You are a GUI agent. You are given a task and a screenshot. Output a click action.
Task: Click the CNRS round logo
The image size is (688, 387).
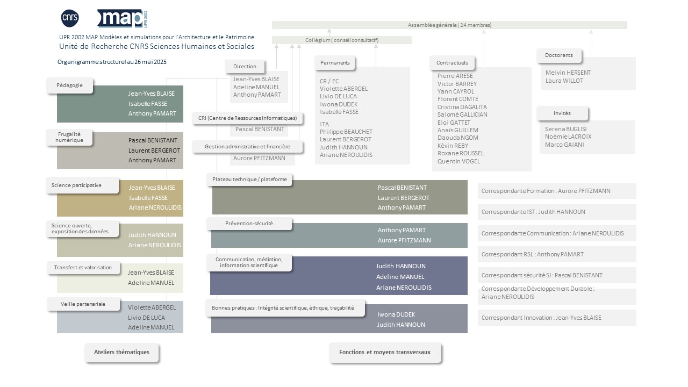(x=70, y=18)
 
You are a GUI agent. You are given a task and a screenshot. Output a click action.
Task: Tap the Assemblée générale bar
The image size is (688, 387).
(x=449, y=25)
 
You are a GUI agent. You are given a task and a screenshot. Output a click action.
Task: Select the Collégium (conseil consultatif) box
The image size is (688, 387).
(x=341, y=40)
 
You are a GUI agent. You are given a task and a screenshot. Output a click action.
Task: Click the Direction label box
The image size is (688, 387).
(x=245, y=66)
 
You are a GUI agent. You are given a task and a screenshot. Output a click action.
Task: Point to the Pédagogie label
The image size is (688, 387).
(x=70, y=85)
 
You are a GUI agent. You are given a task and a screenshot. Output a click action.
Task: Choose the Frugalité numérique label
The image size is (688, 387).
(x=69, y=137)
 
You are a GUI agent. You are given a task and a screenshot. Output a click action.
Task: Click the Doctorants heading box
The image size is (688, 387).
(x=559, y=55)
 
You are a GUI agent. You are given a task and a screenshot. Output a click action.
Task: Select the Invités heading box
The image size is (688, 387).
(x=562, y=113)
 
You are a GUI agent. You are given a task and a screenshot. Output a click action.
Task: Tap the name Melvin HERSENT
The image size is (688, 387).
(x=568, y=73)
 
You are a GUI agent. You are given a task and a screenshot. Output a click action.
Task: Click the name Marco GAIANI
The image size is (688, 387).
(x=564, y=145)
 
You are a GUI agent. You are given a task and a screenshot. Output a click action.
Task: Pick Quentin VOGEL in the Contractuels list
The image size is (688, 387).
(x=458, y=161)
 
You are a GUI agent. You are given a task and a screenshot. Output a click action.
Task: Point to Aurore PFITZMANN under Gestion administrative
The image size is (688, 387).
(x=259, y=158)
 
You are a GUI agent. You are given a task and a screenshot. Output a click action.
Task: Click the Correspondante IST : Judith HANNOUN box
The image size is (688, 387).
(x=557, y=212)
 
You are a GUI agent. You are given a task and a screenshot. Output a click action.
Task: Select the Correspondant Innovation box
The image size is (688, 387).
(x=557, y=318)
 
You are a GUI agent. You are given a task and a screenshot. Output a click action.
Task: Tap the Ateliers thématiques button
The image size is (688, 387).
(x=121, y=352)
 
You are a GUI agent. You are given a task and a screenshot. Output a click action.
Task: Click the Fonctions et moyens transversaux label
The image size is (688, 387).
(x=385, y=352)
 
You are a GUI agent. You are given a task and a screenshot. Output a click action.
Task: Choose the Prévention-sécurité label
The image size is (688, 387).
(x=249, y=224)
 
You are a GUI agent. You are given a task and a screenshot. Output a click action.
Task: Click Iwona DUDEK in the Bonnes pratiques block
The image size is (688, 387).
(x=396, y=314)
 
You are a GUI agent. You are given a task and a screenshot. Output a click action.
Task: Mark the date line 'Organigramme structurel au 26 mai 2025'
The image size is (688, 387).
(x=112, y=62)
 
